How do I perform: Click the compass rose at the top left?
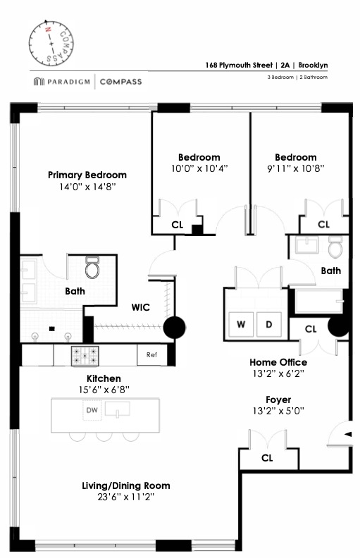click(x=51, y=42)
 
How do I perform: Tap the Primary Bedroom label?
click(x=87, y=175)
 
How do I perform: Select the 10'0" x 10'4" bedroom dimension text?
click(x=199, y=169)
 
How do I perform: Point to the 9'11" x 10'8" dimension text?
click(x=295, y=169)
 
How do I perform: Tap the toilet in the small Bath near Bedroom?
click(x=335, y=248)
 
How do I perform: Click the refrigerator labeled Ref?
click(x=151, y=355)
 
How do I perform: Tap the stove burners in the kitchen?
click(x=85, y=356)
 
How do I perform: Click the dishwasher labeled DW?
click(x=92, y=410)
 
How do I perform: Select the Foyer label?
click(x=278, y=399)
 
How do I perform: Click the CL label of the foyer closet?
click(x=267, y=457)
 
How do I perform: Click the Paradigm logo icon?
click(x=38, y=82)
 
